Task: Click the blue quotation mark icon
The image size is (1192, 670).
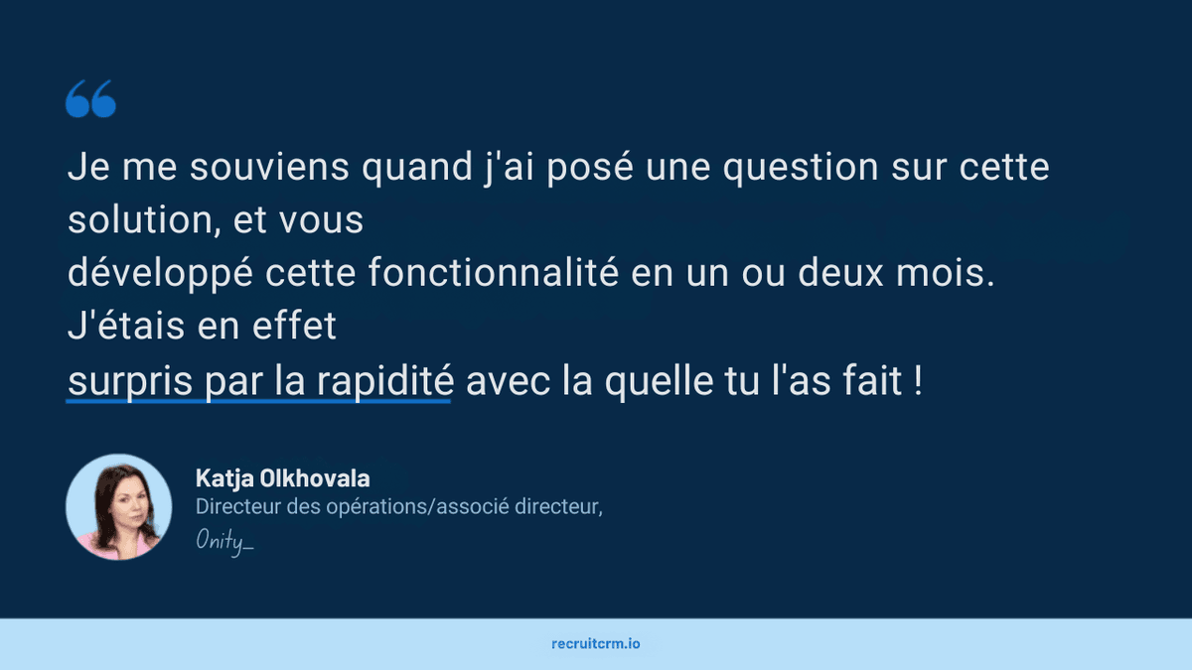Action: [90, 100]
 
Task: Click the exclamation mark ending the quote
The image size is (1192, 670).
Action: [917, 381]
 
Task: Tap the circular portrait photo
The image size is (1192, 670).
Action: [118, 506]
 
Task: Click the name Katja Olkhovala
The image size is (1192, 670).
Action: [282, 478]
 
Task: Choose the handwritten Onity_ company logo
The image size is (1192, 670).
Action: [224, 541]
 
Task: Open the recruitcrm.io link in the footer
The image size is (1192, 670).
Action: [596, 643]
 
